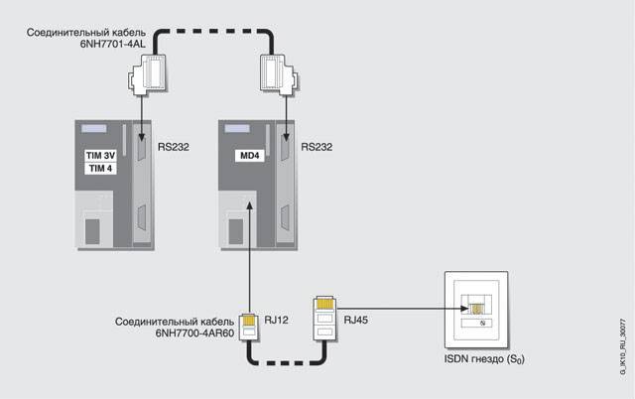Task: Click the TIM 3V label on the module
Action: (x=97, y=156)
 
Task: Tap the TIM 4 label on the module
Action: (x=97, y=170)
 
